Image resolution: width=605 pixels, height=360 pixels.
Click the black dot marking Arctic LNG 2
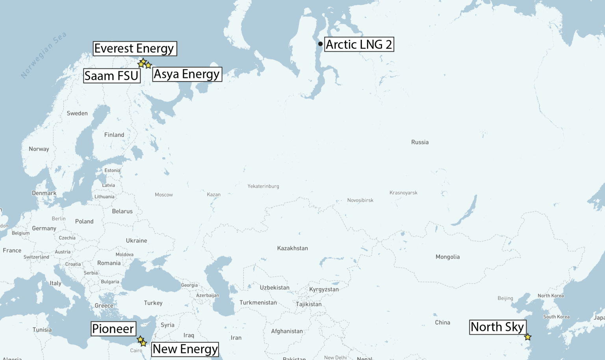coord(321,44)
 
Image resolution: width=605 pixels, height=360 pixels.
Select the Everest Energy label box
coord(135,48)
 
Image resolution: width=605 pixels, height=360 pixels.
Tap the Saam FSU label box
coord(112,76)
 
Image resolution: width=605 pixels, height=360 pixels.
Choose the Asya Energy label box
coord(187,74)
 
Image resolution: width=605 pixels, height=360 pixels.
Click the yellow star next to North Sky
coord(528,337)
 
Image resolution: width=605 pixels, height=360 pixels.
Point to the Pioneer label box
coord(113,328)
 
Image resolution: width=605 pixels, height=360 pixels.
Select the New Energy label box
coord(185,349)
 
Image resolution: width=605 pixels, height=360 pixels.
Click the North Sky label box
coord(497,327)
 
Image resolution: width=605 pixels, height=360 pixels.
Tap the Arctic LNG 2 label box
coord(359,44)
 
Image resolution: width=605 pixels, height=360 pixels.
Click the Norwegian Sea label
coord(44,55)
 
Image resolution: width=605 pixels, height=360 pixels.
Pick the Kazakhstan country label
coord(292,248)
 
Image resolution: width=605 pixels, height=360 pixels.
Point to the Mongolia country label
coord(447,257)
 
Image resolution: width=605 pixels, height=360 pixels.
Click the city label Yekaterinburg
coord(263,186)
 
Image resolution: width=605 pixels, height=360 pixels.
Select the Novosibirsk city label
coord(360,200)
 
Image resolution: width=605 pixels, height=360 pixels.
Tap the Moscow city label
coord(164,195)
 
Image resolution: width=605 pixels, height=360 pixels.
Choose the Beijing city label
coord(505,298)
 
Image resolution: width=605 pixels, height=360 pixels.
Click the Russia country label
coord(420,142)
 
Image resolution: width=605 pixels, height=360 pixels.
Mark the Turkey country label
coord(153,303)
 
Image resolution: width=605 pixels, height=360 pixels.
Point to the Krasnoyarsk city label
coord(403,193)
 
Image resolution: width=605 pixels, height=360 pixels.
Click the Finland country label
coord(114,135)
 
